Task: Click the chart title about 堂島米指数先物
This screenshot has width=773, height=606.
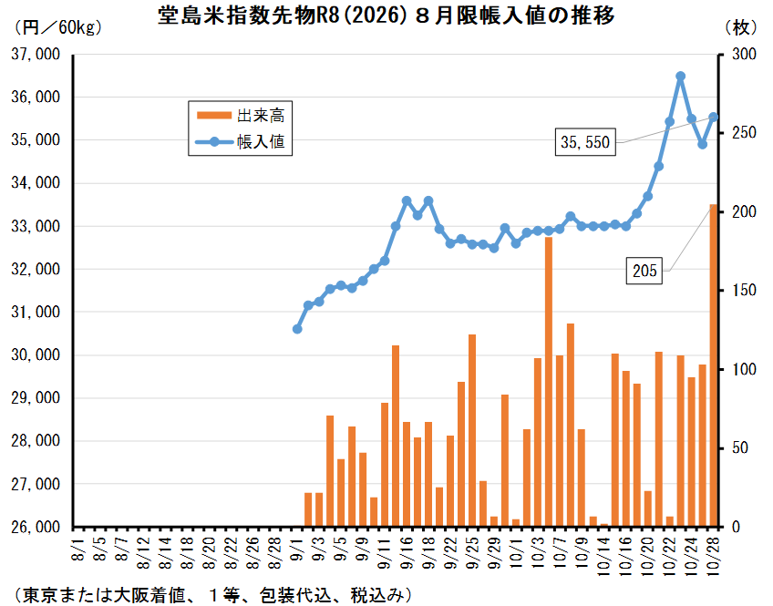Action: coord(386,17)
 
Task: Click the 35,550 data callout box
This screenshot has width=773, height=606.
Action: coord(585,142)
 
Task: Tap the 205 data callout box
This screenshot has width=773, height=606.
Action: coord(646,271)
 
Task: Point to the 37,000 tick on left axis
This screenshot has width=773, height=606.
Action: coord(36,55)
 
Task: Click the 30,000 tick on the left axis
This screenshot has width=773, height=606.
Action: coord(36,355)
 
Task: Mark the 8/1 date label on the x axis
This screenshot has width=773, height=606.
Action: coord(77,552)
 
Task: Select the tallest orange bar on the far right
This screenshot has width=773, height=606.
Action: coord(714,365)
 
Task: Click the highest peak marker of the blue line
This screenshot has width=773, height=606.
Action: coord(681,77)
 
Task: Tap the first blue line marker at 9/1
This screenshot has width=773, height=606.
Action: coord(297,329)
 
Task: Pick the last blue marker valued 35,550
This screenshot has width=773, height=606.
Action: coord(714,117)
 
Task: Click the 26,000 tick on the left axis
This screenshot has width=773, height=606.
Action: coord(36,528)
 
